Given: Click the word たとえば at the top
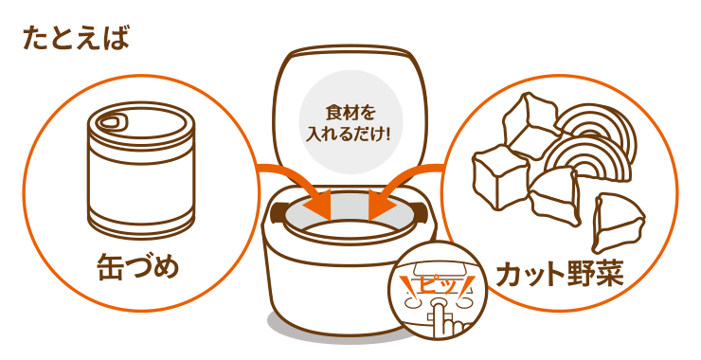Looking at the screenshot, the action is tap(76, 39).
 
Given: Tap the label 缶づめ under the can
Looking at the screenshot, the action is tap(137, 267).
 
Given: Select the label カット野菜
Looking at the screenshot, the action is tap(560, 273).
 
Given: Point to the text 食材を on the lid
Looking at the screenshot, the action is tap(350, 114).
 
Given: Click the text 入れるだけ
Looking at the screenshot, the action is tap(344, 135).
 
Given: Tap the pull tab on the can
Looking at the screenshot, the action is tap(110, 120).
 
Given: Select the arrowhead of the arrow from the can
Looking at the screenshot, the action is tap(317, 205).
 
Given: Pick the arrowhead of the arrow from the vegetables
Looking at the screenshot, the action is tap(383, 205).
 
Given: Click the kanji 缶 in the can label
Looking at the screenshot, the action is tap(110, 267).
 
